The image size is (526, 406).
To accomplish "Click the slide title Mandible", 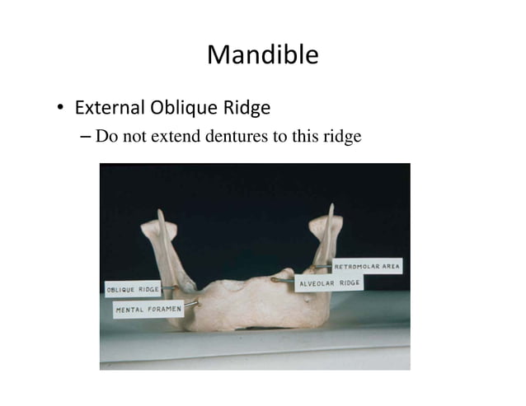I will point(262,55).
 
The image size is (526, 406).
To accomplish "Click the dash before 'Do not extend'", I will point(87,137).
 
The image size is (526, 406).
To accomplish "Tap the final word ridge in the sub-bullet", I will point(342,137).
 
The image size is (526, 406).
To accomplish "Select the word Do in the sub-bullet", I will point(106,136).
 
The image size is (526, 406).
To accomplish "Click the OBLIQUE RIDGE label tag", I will point(133,289).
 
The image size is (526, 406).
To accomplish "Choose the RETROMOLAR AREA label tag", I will point(366,267).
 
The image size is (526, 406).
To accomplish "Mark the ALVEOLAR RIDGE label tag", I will point(328,283).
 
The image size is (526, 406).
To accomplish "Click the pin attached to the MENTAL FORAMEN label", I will point(191,305).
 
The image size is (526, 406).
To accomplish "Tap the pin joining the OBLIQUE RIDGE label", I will point(169,287).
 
